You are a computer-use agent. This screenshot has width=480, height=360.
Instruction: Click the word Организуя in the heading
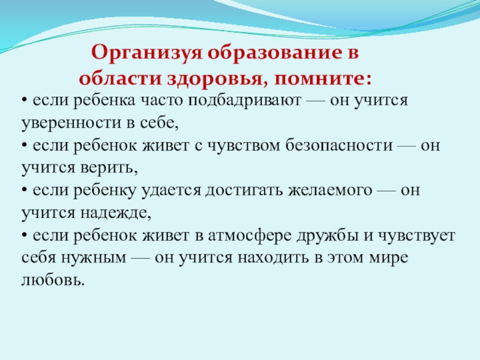(x=147, y=53)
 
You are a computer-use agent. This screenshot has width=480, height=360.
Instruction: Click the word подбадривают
(x=244, y=101)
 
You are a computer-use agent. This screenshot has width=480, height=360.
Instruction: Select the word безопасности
(x=339, y=145)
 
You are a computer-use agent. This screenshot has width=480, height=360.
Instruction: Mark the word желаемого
(x=330, y=190)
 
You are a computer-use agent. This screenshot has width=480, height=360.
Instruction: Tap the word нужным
(x=94, y=258)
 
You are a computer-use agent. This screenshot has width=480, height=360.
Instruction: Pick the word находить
(x=273, y=258)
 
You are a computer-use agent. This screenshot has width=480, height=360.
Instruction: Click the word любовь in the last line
(x=53, y=279)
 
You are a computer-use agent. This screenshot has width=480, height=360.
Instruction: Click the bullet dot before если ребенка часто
(x=25, y=101)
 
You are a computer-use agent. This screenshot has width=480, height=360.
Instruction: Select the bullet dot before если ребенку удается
(x=25, y=191)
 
